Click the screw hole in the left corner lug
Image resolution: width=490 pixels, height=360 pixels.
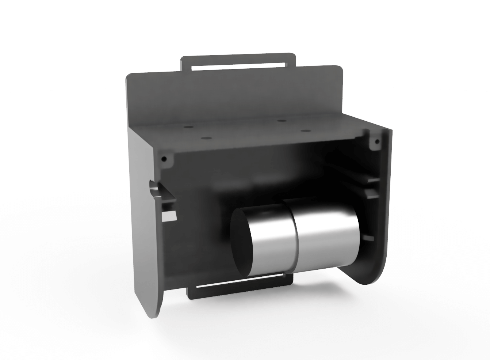(164, 159)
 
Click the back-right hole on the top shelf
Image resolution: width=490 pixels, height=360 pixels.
(280, 120)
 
